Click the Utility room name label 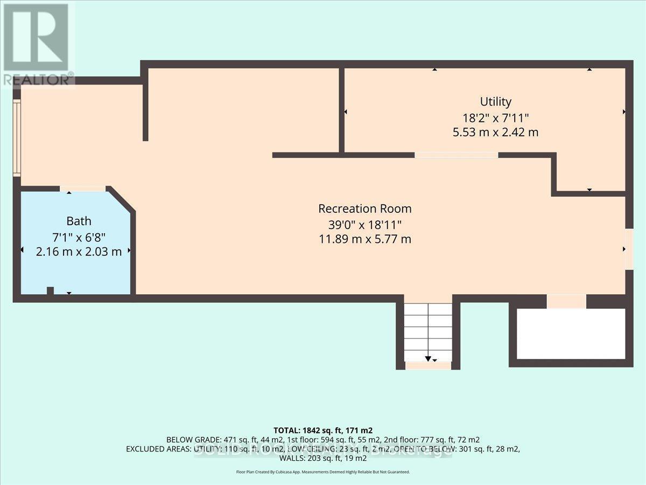point(495,101)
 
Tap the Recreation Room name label point(364,209)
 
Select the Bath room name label point(79,221)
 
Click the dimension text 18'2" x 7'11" point(495,117)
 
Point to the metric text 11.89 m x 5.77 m point(364,239)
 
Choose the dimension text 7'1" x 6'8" point(79,236)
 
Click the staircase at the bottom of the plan point(428,332)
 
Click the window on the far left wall point(17,138)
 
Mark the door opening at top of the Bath point(83,189)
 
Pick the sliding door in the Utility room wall point(456,155)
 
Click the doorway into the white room point(566,301)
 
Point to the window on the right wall point(629,249)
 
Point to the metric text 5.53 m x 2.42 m point(495,132)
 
